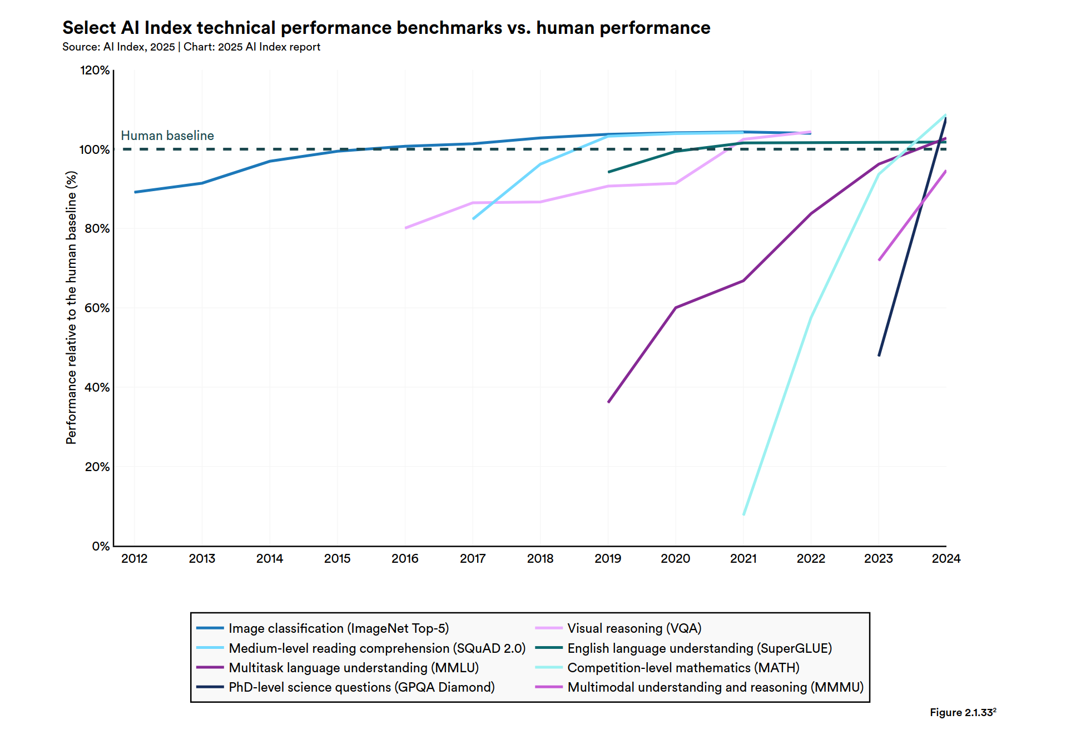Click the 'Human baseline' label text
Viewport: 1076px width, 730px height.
click(167, 136)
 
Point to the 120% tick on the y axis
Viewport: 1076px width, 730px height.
click(95, 71)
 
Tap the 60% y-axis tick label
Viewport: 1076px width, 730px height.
click(97, 308)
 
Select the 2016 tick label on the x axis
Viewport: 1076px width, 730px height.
click(405, 559)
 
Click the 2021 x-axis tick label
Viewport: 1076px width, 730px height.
click(743, 559)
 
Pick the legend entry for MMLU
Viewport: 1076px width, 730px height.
click(353, 668)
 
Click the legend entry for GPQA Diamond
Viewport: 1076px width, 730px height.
click(361, 687)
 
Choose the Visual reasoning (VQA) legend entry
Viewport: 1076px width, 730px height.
click(634, 628)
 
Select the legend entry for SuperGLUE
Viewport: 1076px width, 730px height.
click(699, 648)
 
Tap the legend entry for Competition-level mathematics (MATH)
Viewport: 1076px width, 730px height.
click(683, 668)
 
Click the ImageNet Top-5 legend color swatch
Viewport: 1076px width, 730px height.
click(210, 628)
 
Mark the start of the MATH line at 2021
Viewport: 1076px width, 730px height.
click(743, 514)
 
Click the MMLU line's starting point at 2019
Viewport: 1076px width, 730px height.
click(608, 402)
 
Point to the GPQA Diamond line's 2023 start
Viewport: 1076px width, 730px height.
click(879, 356)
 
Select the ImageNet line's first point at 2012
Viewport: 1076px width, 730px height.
click(135, 192)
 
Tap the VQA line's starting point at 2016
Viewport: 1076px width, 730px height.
click(406, 228)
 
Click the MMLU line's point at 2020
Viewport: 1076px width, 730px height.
click(676, 307)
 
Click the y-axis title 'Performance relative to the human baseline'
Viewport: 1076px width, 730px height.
click(71, 307)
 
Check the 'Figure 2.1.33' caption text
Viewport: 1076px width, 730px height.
click(962, 712)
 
